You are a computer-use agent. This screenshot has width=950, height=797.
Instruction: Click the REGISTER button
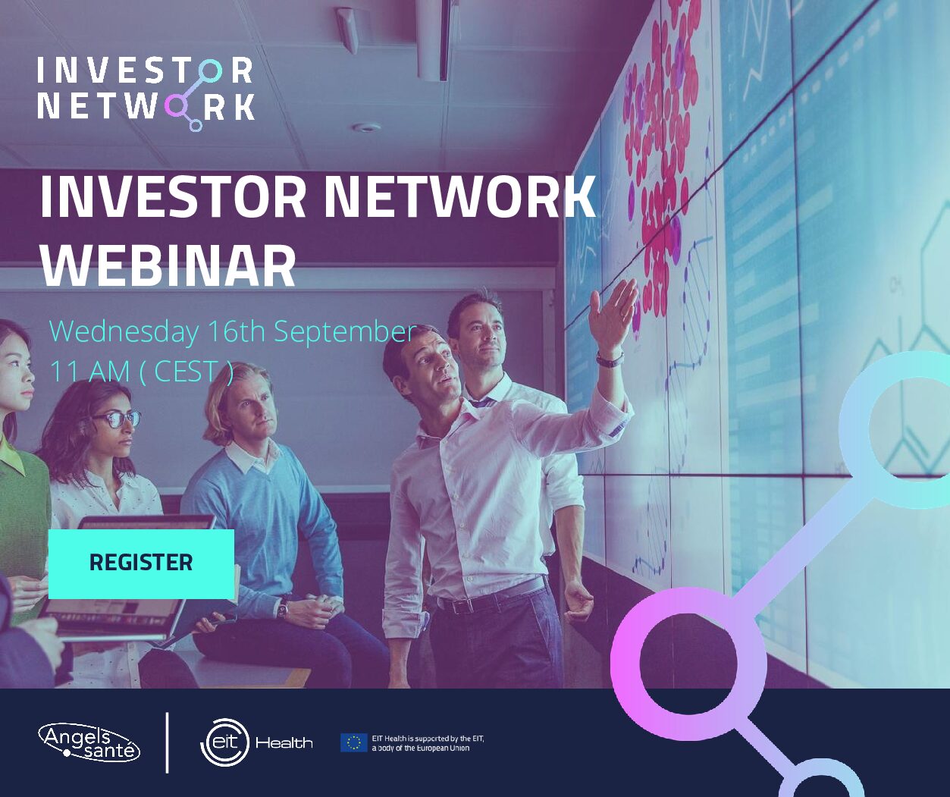[141, 563]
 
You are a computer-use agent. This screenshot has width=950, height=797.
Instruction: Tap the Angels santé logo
[89, 742]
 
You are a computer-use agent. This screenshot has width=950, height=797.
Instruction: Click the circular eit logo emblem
[225, 742]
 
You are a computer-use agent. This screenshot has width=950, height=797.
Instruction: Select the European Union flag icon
[353, 742]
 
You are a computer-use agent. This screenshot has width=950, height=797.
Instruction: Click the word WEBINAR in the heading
[168, 265]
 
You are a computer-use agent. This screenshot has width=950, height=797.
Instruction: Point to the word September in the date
[345, 332]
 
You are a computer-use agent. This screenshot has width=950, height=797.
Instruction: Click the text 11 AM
[89, 372]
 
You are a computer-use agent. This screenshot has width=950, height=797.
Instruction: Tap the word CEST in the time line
[185, 372]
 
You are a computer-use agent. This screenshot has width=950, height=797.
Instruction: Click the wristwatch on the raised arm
[610, 359]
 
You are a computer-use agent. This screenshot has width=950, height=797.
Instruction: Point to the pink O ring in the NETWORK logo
[177, 106]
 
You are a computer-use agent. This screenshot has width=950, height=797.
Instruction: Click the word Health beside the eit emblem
[284, 743]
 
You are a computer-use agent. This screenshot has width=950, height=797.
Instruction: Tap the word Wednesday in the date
[124, 332]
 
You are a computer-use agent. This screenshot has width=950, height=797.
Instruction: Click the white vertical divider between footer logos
[168, 742]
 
